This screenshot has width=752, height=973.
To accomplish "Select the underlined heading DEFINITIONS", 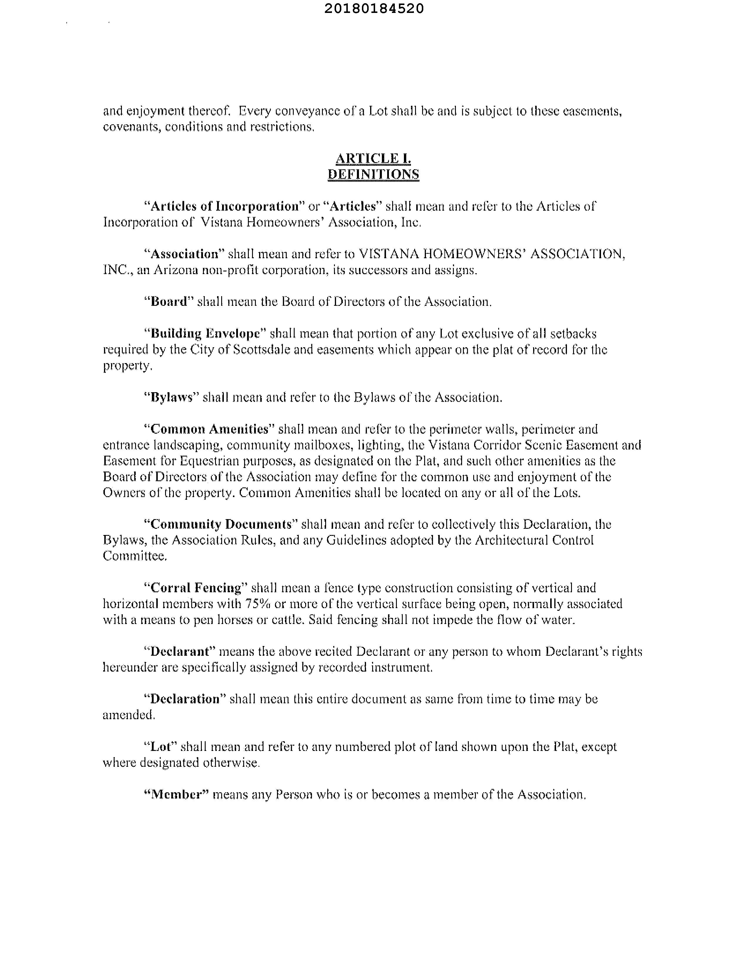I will point(373,174).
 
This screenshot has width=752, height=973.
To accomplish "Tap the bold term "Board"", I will point(169,302).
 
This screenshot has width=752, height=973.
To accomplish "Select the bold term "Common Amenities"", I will point(210,429).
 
